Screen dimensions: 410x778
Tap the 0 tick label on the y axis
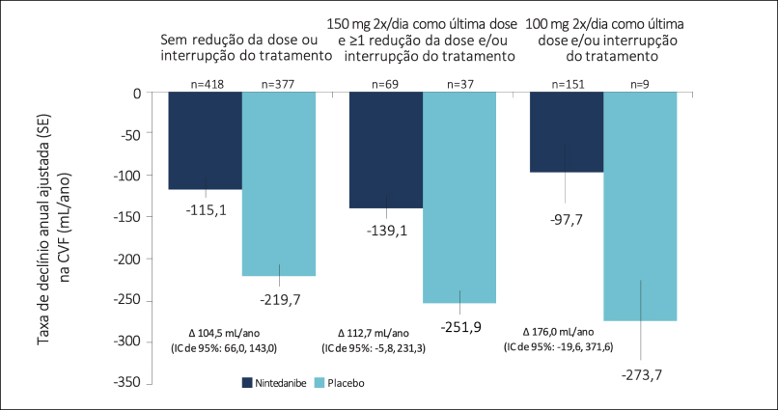[137, 94]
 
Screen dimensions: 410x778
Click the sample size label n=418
[205, 85]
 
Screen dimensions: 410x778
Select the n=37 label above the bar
[459, 85]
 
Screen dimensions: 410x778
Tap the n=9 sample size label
[640, 85]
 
